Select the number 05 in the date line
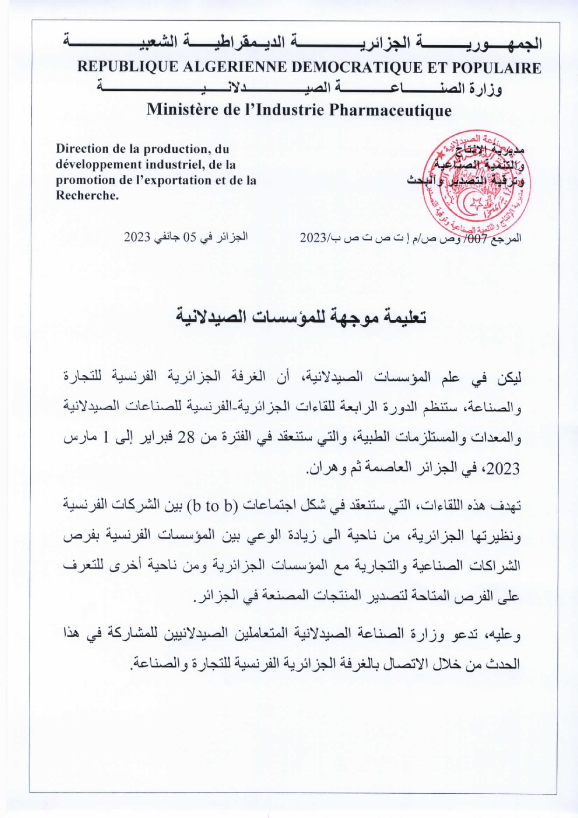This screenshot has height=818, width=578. pos(190,237)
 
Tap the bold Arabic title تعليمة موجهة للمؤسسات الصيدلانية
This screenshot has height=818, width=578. pos(301,317)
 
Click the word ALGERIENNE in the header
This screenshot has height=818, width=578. pos(235,68)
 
